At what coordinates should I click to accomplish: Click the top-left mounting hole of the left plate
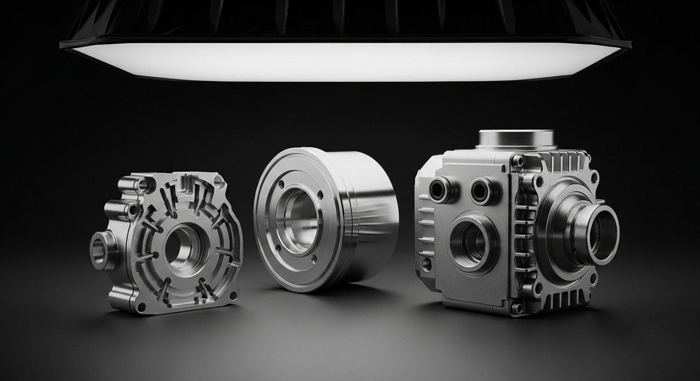pos(143,184)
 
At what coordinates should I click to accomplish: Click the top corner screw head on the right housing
pos(518,160)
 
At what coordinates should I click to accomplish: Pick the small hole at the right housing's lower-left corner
pos(427,264)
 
